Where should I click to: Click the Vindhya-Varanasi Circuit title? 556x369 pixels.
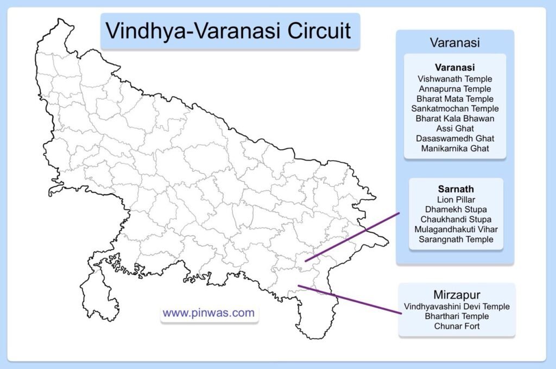[229, 30]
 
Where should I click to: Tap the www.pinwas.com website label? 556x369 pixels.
[208, 313]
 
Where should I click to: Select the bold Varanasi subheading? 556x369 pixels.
[454, 67]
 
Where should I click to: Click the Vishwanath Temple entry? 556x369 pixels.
[454, 79]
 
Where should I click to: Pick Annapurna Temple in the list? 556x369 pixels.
[454, 88]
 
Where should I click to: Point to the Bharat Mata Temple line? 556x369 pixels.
[454, 99]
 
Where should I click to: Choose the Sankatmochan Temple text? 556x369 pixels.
[454, 109]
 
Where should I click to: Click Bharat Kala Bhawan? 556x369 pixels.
[454, 118]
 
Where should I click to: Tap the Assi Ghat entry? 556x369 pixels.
[454, 128]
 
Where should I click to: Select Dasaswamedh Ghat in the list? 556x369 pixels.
[454, 138]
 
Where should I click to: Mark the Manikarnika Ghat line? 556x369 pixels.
[454, 148]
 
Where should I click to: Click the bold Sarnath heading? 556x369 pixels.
[456, 189]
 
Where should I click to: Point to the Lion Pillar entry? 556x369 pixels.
[456, 200]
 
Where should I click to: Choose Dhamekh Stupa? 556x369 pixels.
[456, 209]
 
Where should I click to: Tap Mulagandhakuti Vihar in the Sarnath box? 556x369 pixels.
[456, 230]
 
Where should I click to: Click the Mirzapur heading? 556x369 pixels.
[457, 295]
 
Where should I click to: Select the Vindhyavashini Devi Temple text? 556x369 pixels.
[457, 306]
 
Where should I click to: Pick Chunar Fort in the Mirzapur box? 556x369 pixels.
[457, 326]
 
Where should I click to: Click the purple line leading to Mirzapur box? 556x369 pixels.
[350, 300]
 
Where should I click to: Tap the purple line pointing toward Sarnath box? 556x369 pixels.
[352, 237]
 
